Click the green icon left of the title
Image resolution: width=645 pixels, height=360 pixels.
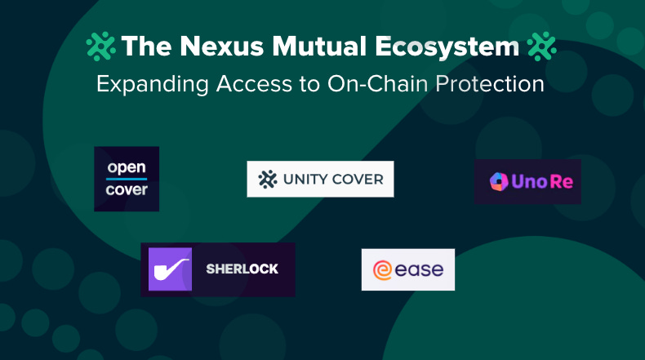[101, 47]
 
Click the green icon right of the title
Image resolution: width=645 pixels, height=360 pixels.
[542, 47]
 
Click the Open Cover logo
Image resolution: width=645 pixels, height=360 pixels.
[127, 179]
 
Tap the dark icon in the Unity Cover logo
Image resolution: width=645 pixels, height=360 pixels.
[267, 179]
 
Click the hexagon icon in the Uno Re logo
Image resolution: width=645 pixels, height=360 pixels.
[498, 181]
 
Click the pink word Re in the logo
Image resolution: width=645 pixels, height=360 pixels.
[562, 181]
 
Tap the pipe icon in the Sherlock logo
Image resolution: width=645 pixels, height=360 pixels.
[170, 269]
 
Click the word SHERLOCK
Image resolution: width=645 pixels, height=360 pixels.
[242, 269]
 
